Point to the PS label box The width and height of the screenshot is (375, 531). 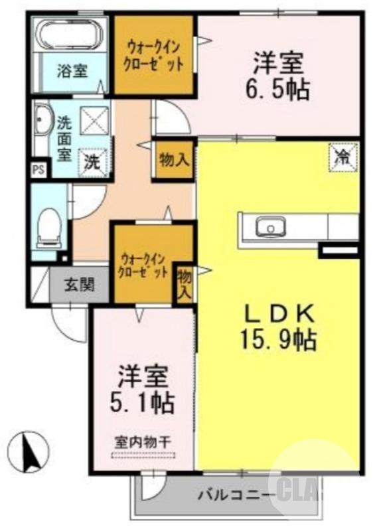[39, 169]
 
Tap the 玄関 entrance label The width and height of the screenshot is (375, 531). [78, 286]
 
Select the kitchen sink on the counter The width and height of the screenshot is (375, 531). [271, 228]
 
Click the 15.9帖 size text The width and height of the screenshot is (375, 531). [276, 341]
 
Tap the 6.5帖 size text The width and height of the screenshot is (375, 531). [279, 89]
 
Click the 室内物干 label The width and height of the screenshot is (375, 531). [143, 441]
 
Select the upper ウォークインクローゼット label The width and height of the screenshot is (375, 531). [154, 55]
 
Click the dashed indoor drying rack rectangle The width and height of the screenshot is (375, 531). [143, 455]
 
